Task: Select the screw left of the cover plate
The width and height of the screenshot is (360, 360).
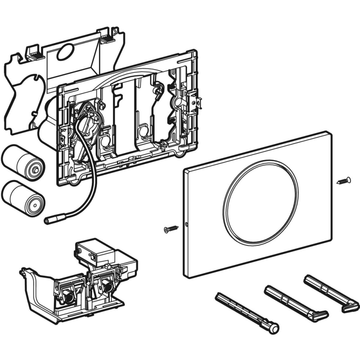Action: click(171, 228)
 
